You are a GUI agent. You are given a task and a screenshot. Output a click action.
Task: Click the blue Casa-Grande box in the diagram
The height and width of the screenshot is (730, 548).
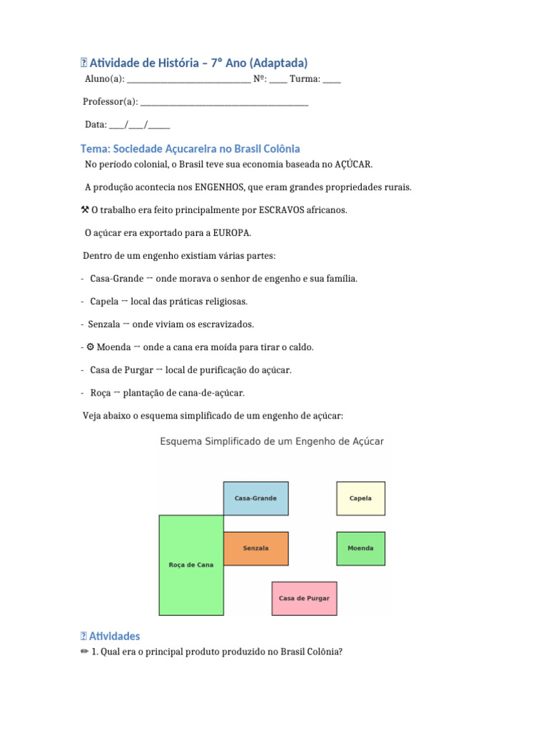tap(256, 498)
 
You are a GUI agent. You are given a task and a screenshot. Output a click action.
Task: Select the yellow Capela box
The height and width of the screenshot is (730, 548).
tap(360, 498)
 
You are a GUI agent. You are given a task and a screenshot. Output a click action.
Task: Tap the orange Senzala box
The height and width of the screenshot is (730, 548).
tap(256, 548)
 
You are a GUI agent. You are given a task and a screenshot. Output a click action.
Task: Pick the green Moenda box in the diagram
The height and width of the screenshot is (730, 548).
tap(360, 548)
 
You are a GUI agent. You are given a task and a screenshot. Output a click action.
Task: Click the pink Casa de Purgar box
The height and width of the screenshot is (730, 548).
tap(304, 598)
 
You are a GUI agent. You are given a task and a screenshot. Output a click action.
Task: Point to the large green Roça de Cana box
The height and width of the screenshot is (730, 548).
tap(191, 565)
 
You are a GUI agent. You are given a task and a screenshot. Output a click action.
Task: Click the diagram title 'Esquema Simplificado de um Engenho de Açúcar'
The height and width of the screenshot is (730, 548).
tap(272, 441)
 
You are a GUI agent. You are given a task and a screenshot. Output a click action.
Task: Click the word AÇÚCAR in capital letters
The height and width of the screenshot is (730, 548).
tap(354, 165)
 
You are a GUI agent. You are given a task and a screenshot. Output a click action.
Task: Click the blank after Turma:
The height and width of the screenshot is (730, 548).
tap(332, 81)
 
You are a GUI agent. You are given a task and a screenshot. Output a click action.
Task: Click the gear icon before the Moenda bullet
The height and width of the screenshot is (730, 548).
tap(91, 347)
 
